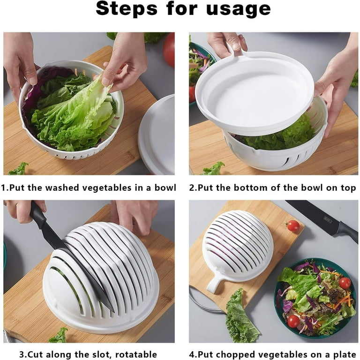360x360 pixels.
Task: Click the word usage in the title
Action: point(238,9)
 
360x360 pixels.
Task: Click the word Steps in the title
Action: point(127,8)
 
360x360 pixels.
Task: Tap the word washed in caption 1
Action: point(62,187)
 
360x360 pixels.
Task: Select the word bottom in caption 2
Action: point(250,187)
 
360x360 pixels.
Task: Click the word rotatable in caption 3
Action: point(136,354)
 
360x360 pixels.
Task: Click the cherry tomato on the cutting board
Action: point(293,225)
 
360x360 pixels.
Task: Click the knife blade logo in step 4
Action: point(328,220)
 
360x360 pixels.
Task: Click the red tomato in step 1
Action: point(169,49)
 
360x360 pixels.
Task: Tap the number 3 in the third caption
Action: point(22,354)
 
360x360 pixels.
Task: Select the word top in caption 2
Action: point(349,188)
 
